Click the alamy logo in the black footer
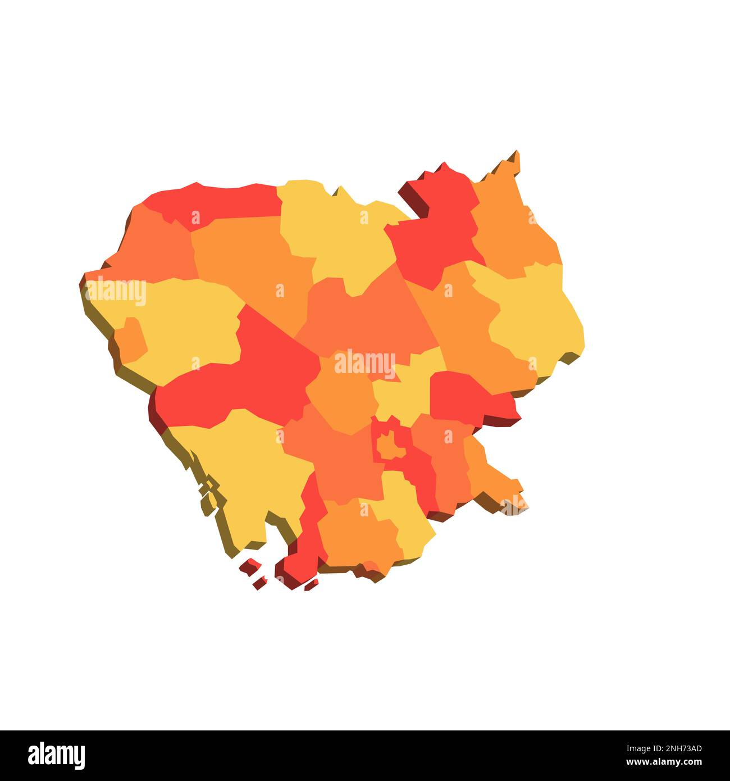coord(56,756)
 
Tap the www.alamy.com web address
coord(663,762)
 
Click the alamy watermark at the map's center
coord(365,365)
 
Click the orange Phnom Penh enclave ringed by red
coord(391,446)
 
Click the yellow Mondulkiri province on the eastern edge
coord(533,315)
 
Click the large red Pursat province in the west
coord(247,376)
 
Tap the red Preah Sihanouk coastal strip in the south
coord(306,539)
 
